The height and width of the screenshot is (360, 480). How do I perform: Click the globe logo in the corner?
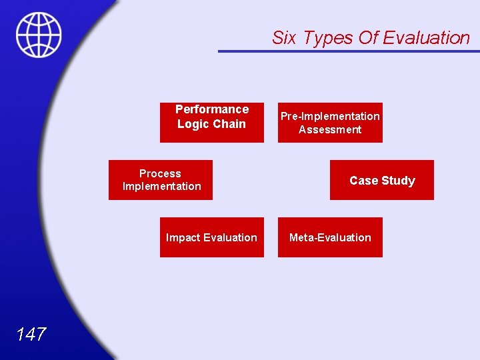39,35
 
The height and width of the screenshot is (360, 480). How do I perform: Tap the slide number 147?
31,334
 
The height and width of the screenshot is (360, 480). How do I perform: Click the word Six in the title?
284,38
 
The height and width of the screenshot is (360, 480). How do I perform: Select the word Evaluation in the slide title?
427,38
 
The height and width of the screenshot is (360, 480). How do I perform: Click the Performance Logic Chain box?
211,123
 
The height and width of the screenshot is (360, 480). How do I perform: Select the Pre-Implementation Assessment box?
330,123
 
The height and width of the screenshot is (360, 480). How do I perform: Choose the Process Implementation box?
161,180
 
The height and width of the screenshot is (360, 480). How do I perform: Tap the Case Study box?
381,180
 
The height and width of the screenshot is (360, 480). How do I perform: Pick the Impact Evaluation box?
211,237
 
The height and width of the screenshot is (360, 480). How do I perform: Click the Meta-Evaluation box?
330,237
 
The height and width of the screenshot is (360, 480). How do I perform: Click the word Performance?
212,109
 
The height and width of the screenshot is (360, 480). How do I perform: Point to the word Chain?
230,124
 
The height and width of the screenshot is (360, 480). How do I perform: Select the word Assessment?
330,129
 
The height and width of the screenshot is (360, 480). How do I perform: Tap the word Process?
160,173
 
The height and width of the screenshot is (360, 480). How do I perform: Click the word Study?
399,181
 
